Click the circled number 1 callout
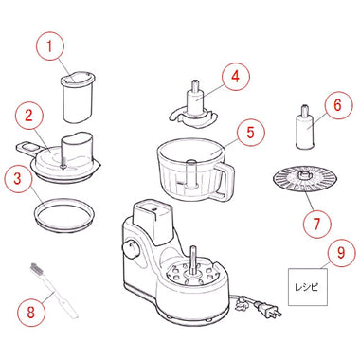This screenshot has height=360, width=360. coord(49,45)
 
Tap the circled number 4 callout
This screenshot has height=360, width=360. coord(236,76)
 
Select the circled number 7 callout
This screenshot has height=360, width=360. coord(316,224)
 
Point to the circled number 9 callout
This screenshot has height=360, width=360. coord(341,254)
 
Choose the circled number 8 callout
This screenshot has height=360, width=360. coord(31,314)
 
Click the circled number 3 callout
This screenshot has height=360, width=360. coord(18,178)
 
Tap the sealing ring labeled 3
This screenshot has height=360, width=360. coord(64,215)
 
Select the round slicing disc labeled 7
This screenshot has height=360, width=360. coord(305,178)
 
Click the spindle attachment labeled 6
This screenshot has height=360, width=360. coord(304,127)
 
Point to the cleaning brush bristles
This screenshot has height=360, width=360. coord(36,269)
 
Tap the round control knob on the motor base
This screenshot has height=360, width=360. coord(131,248)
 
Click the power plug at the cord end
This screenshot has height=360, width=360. coord(268,310)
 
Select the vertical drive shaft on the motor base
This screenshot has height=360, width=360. coord(192,261)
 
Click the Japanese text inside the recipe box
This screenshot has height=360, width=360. coord(307,287)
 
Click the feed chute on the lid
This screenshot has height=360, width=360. coord(76,149)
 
